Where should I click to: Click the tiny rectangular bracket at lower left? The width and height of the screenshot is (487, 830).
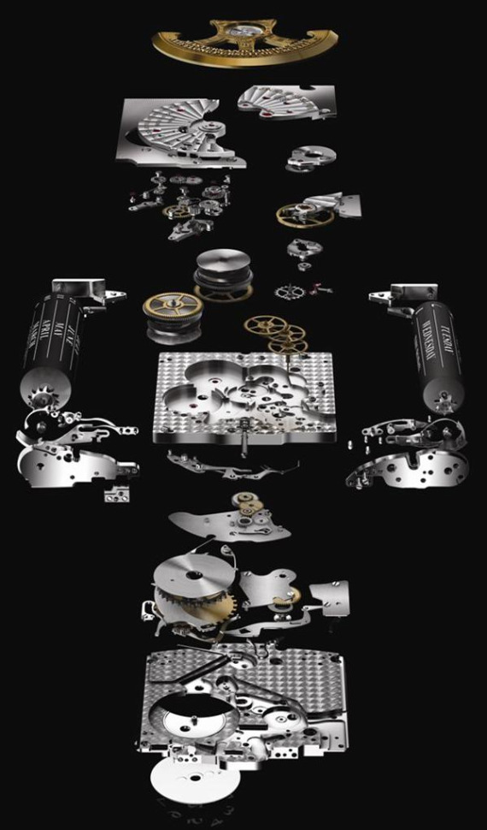click(x=114, y=494)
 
